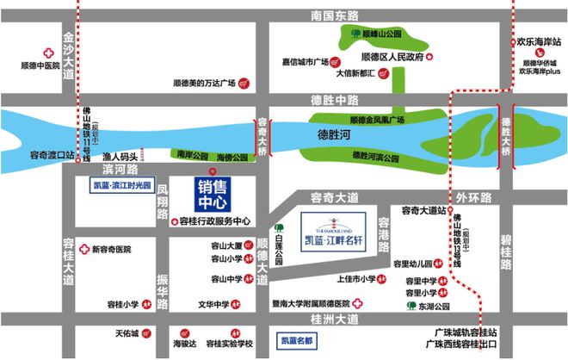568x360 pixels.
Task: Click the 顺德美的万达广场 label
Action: tap(204, 84)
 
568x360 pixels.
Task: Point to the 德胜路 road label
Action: tap(328, 101)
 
